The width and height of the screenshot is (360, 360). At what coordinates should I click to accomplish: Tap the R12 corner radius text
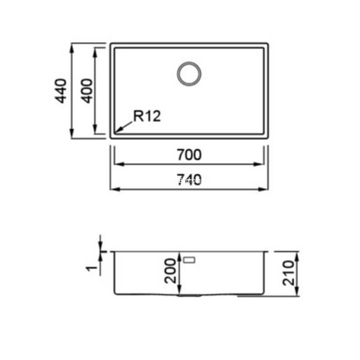pos(146,115)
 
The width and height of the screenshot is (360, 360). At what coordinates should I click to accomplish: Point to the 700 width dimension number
pos(189,155)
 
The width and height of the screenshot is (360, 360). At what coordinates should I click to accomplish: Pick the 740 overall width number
pos(189,180)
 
